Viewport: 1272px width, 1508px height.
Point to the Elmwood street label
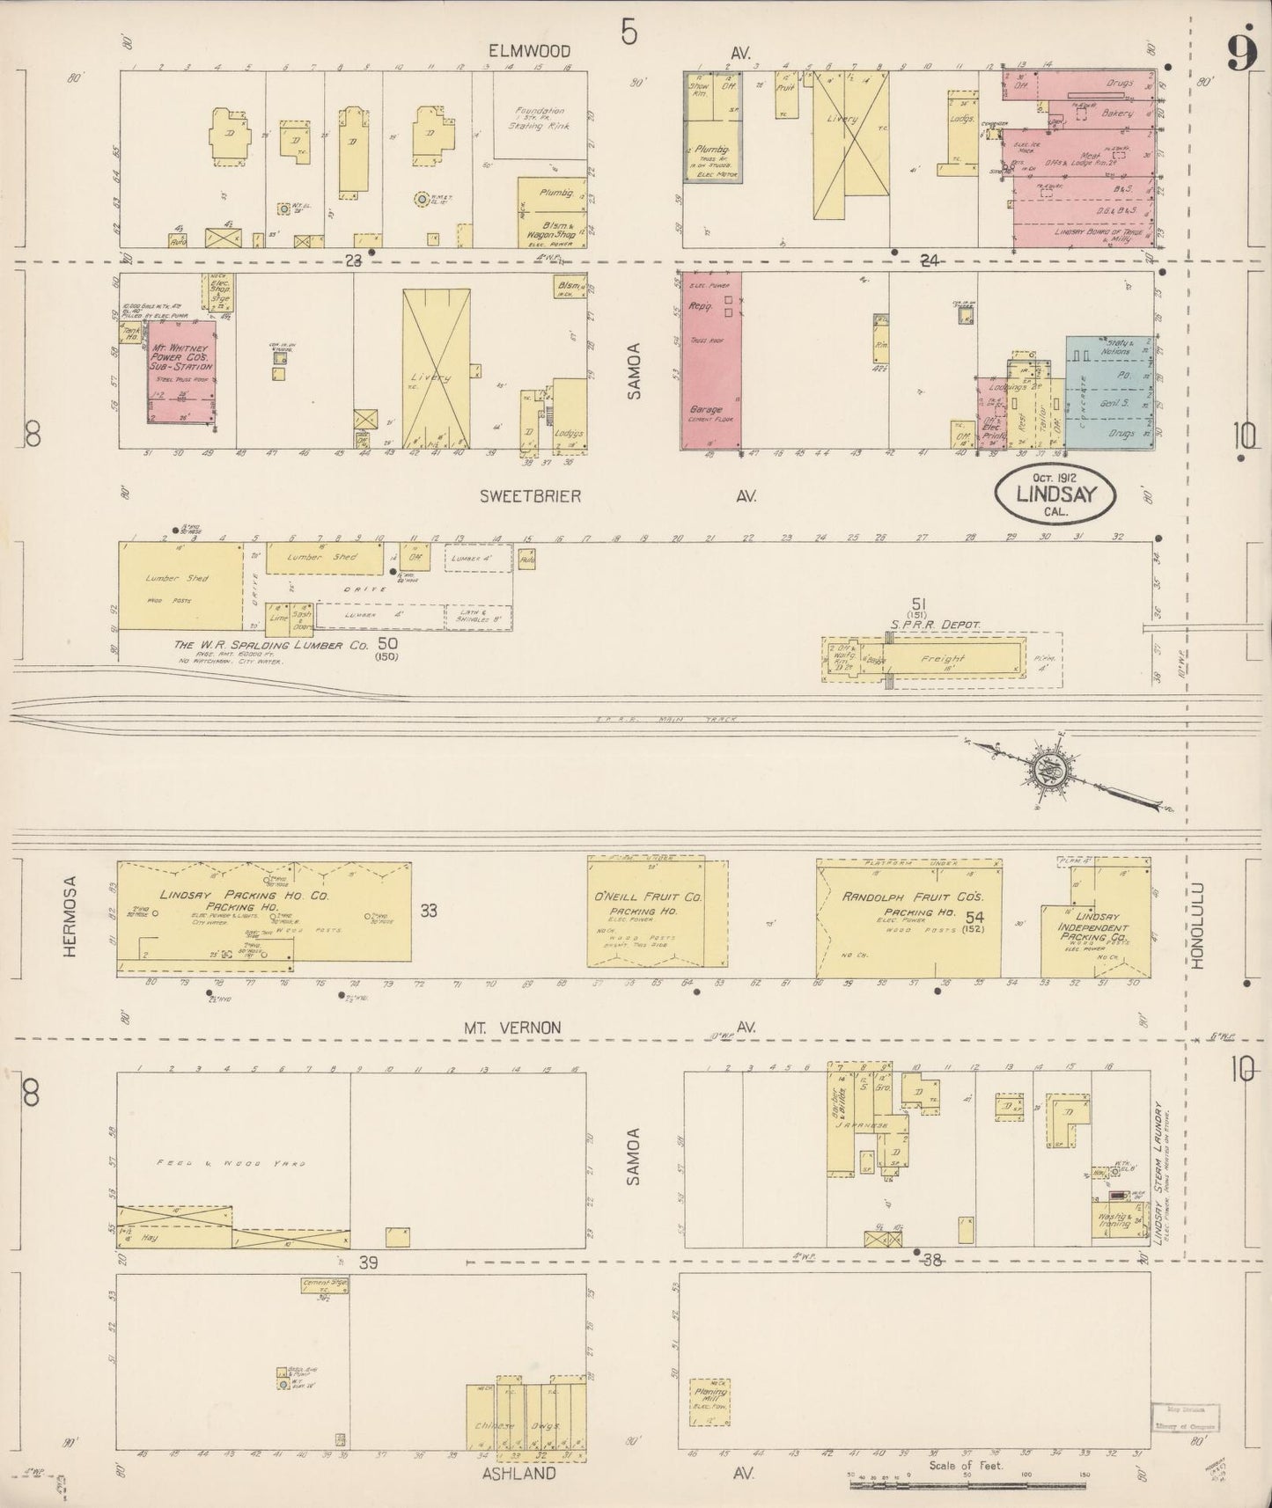tap(530, 52)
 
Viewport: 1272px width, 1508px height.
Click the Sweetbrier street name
tap(530, 496)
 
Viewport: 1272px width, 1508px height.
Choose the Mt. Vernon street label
tap(513, 1027)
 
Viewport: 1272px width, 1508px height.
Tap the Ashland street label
tap(518, 1474)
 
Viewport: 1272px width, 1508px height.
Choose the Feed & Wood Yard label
tap(231, 1163)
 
